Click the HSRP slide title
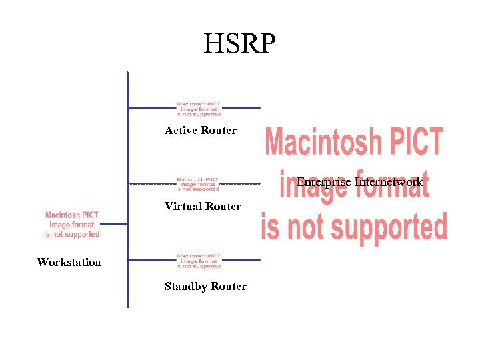[x=239, y=44]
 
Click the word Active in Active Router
[x=181, y=130]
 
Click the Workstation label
[x=69, y=262]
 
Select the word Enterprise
[x=324, y=181]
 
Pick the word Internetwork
[x=389, y=181]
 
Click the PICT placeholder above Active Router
[x=199, y=109]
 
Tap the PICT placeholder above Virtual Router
[x=198, y=184]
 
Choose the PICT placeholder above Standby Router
[x=199, y=261]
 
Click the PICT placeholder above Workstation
[x=72, y=225]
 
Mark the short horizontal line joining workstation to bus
[x=113, y=224]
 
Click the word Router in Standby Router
[x=229, y=286]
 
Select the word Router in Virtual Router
[x=223, y=206]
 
